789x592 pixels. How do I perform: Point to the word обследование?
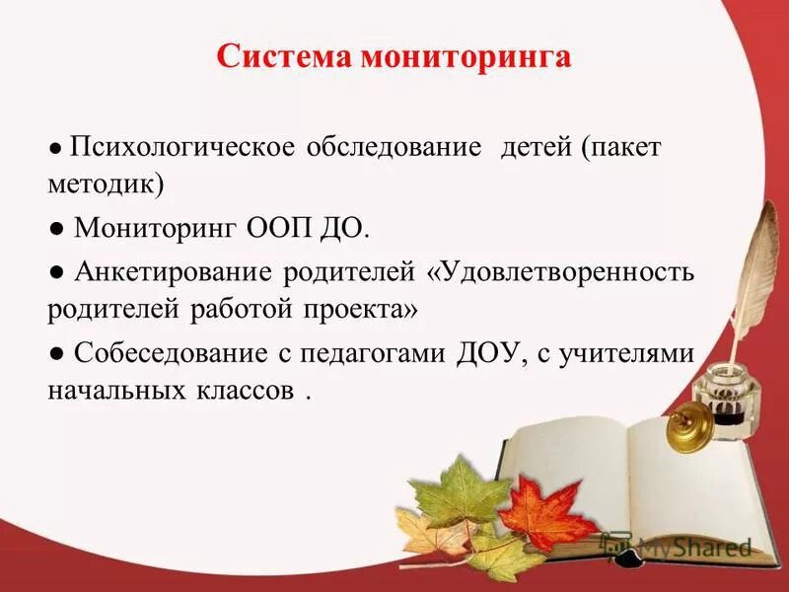(x=394, y=148)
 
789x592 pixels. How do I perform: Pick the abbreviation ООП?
(x=277, y=229)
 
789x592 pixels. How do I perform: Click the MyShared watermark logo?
(x=681, y=546)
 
